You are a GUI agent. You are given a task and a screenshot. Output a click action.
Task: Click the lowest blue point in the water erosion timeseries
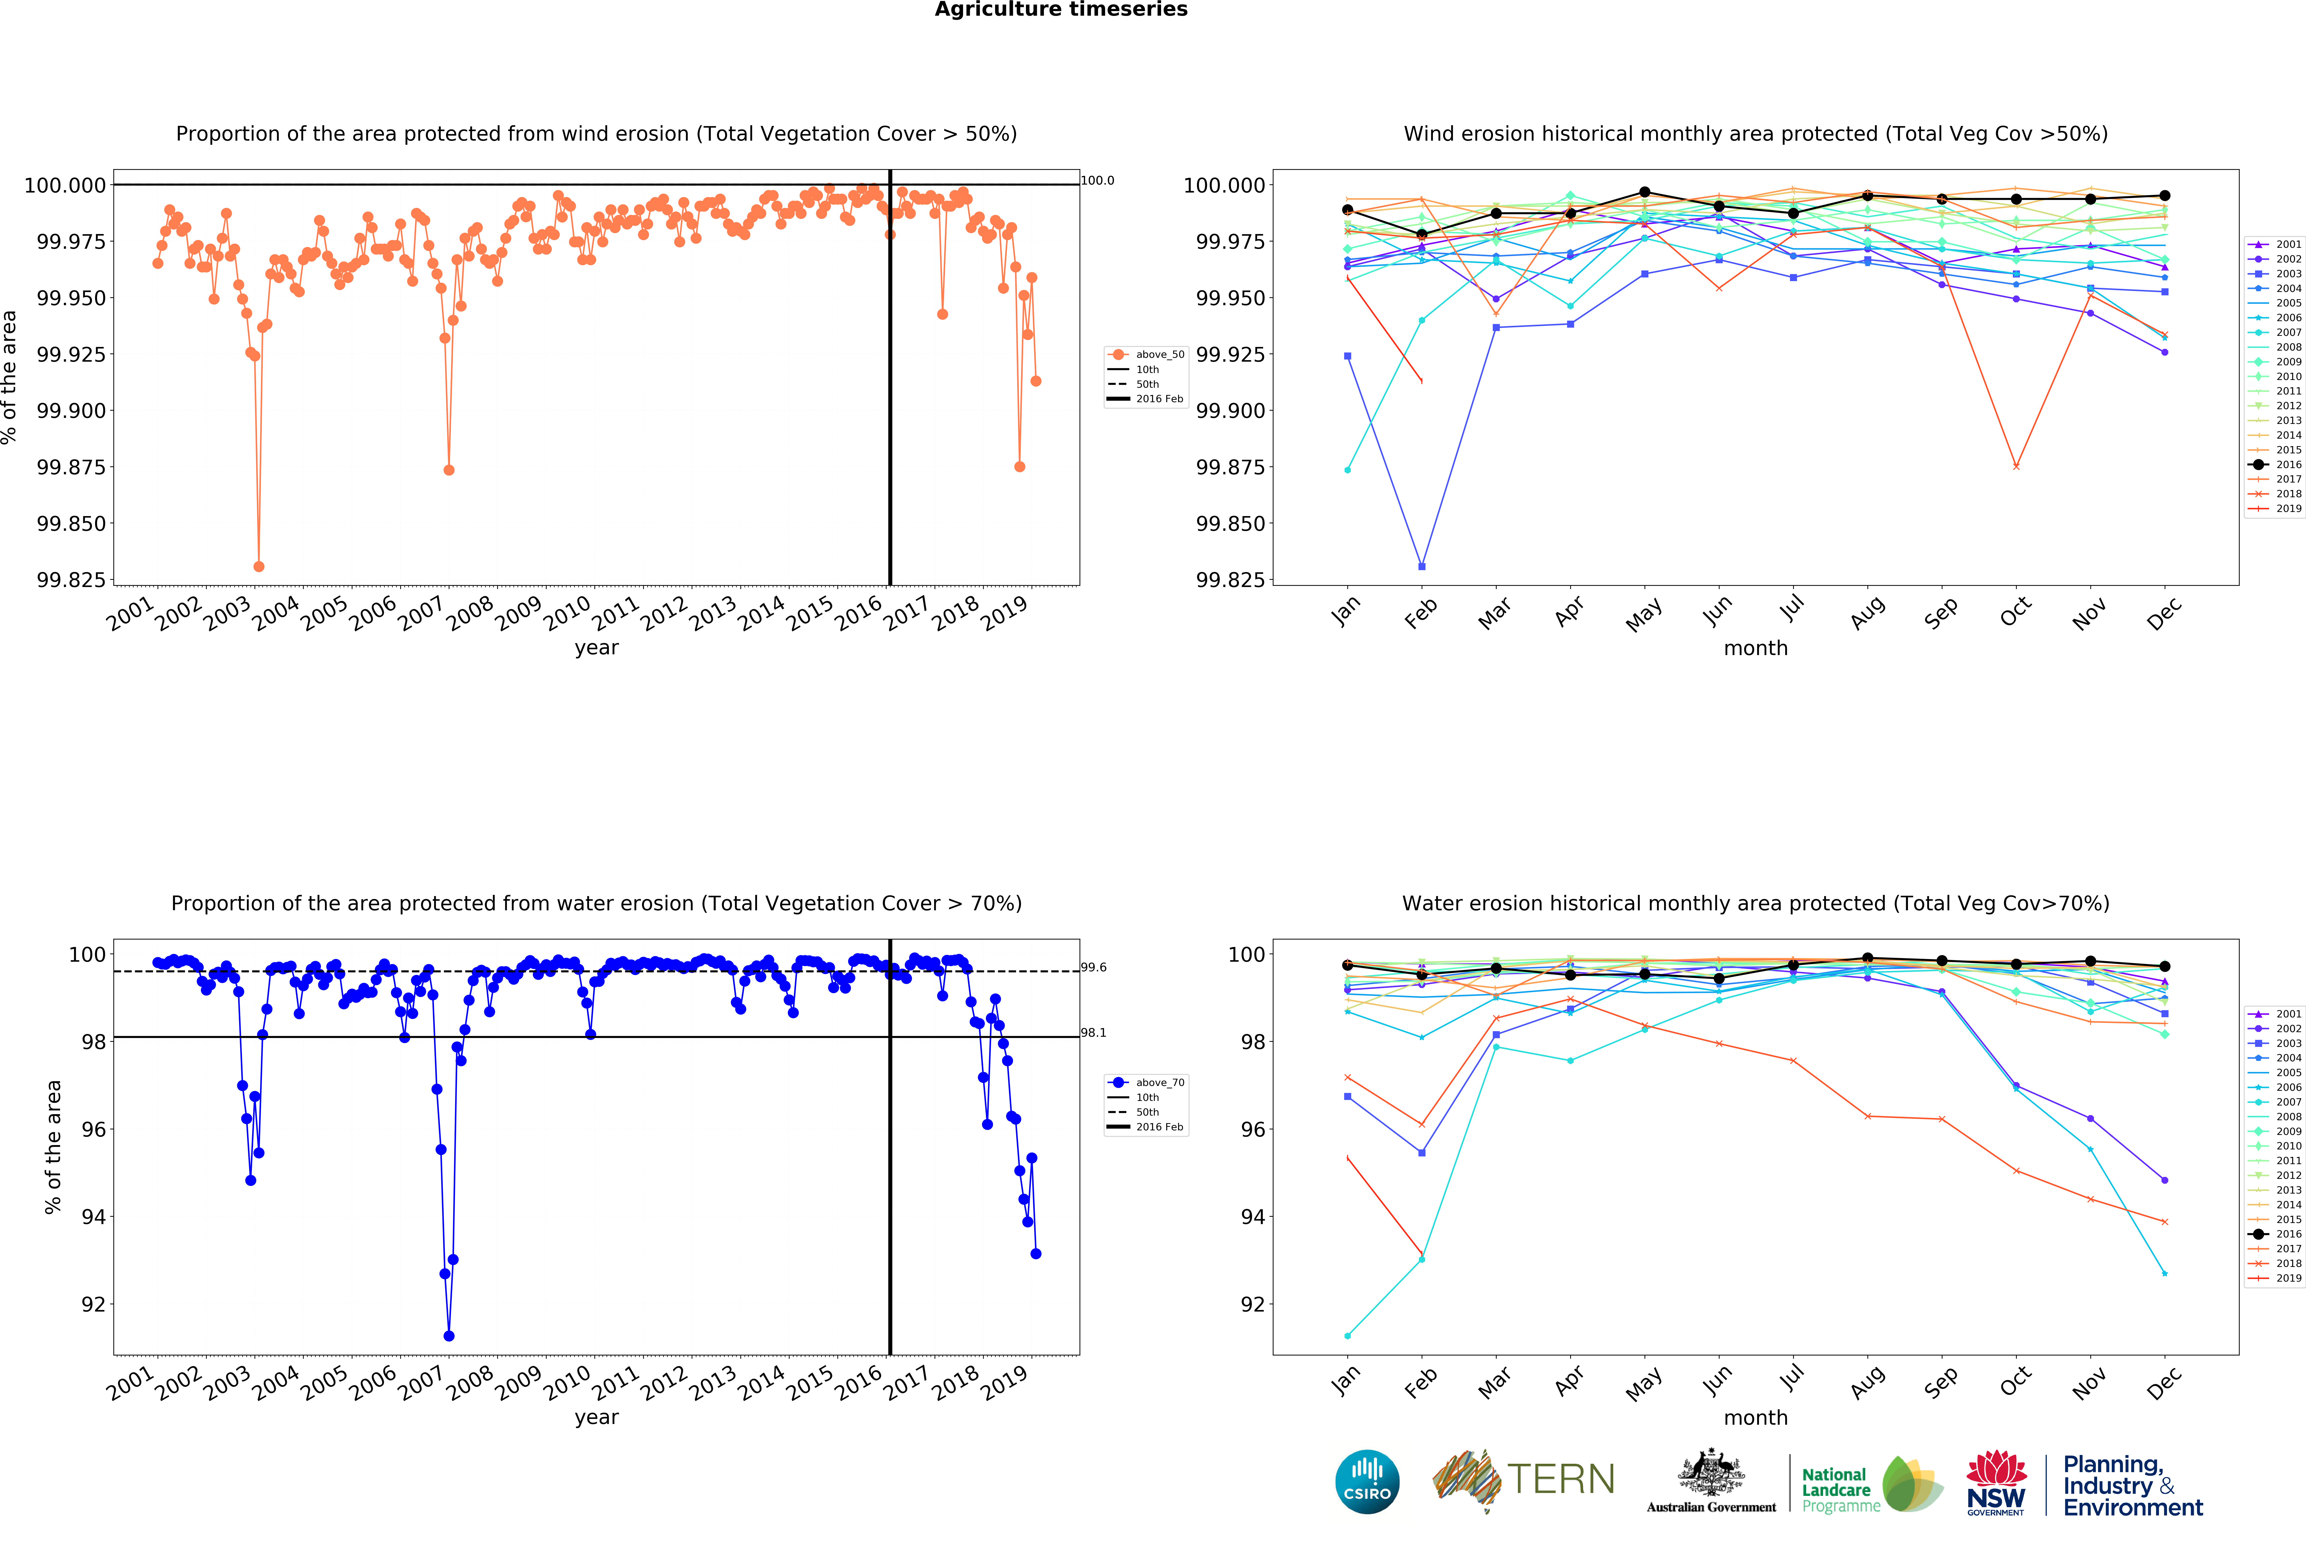tap(449, 1336)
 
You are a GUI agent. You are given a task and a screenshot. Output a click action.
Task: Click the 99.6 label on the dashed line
tap(1094, 967)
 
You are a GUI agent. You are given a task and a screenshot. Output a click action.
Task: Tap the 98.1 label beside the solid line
tap(1094, 1032)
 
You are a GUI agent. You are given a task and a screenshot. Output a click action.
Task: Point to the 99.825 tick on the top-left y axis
tap(71, 580)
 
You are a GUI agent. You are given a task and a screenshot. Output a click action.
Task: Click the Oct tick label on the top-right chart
tap(2014, 612)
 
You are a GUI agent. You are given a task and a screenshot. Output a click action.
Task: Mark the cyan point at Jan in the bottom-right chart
tap(1347, 1336)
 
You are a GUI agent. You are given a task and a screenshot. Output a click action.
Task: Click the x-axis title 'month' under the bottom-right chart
tap(1755, 1417)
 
